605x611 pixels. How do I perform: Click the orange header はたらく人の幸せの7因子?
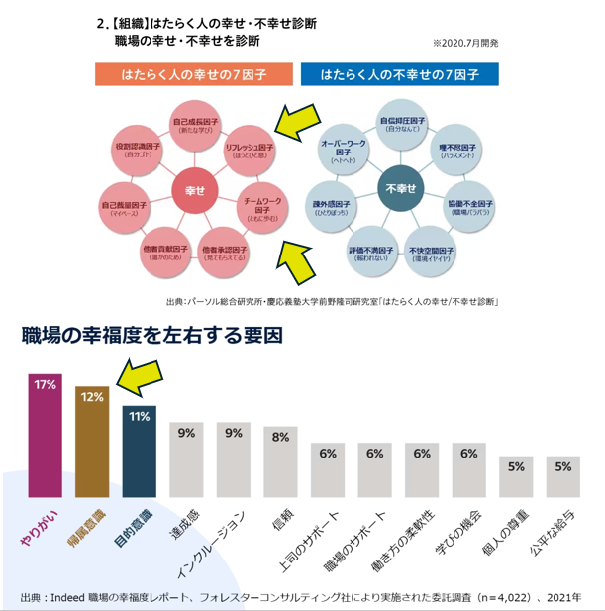(193, 75)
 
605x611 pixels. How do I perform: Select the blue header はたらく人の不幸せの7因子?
(399, 75)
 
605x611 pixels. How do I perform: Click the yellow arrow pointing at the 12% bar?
(140, 375)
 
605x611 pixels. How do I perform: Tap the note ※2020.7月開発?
(465, 44)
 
